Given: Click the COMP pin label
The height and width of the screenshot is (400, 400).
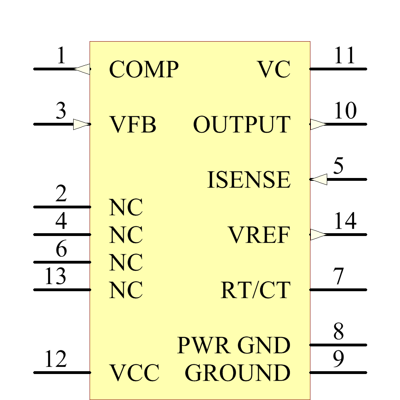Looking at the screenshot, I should coord(143,70).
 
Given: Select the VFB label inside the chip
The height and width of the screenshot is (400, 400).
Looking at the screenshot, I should coord(132,125).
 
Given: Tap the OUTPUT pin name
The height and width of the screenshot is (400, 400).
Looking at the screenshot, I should coord(241,125).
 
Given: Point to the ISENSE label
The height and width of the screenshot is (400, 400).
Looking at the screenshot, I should coord(248,180).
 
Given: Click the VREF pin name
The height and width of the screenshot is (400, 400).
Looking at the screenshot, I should coord(259,235).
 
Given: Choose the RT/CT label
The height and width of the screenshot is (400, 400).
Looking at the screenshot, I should coord(255,290).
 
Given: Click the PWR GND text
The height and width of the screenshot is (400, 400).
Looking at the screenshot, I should coord(233,345).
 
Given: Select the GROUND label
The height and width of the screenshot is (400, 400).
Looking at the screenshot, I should coord(237,373).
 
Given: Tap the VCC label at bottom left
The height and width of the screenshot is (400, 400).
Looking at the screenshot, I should coord(134,373).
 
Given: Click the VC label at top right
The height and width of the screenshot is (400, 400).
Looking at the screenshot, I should coord(274,70).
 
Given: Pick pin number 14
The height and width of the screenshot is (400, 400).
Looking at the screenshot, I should coord(345,221).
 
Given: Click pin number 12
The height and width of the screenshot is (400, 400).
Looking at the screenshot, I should coord(55,359).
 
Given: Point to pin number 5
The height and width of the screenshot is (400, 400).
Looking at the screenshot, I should coord(338,166).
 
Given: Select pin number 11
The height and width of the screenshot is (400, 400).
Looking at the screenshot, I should coord(344,56).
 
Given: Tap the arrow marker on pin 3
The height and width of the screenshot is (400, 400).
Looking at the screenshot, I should coord(81,124).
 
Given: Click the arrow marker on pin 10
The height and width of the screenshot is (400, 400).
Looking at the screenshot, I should coord(318,124).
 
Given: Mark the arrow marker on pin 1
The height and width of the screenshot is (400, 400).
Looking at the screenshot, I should coord(82,69).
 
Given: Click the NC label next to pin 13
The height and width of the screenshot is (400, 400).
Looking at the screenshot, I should coord(126,290).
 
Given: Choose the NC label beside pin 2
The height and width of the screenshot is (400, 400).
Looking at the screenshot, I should coord(126,208).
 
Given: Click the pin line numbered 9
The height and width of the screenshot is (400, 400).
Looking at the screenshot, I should coord(338,372).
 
